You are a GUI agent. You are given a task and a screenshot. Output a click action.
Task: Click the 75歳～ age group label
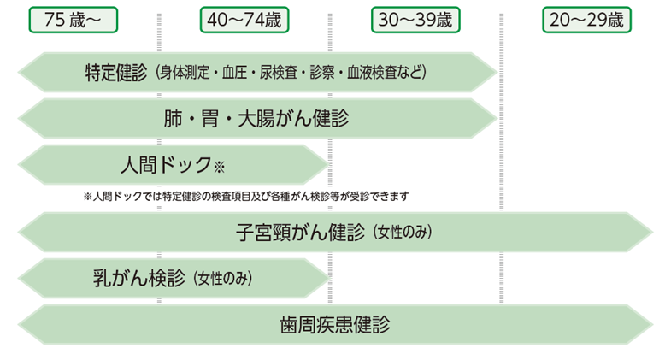73,20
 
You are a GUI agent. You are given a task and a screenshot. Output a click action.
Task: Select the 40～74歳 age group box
244,20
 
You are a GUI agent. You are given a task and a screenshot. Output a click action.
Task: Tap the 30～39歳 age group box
415,20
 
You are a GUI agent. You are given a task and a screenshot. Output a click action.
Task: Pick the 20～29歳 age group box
587,20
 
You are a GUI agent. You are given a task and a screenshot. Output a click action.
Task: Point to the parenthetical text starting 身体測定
291,72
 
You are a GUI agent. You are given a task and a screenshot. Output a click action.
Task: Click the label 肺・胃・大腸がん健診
256,118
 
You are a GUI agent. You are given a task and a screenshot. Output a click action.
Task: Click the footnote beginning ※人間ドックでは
246,196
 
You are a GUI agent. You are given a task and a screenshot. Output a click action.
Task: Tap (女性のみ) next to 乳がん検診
224,279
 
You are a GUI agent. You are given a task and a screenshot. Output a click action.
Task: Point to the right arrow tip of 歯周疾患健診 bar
649,325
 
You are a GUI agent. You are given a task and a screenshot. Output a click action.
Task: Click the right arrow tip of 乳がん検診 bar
325,279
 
